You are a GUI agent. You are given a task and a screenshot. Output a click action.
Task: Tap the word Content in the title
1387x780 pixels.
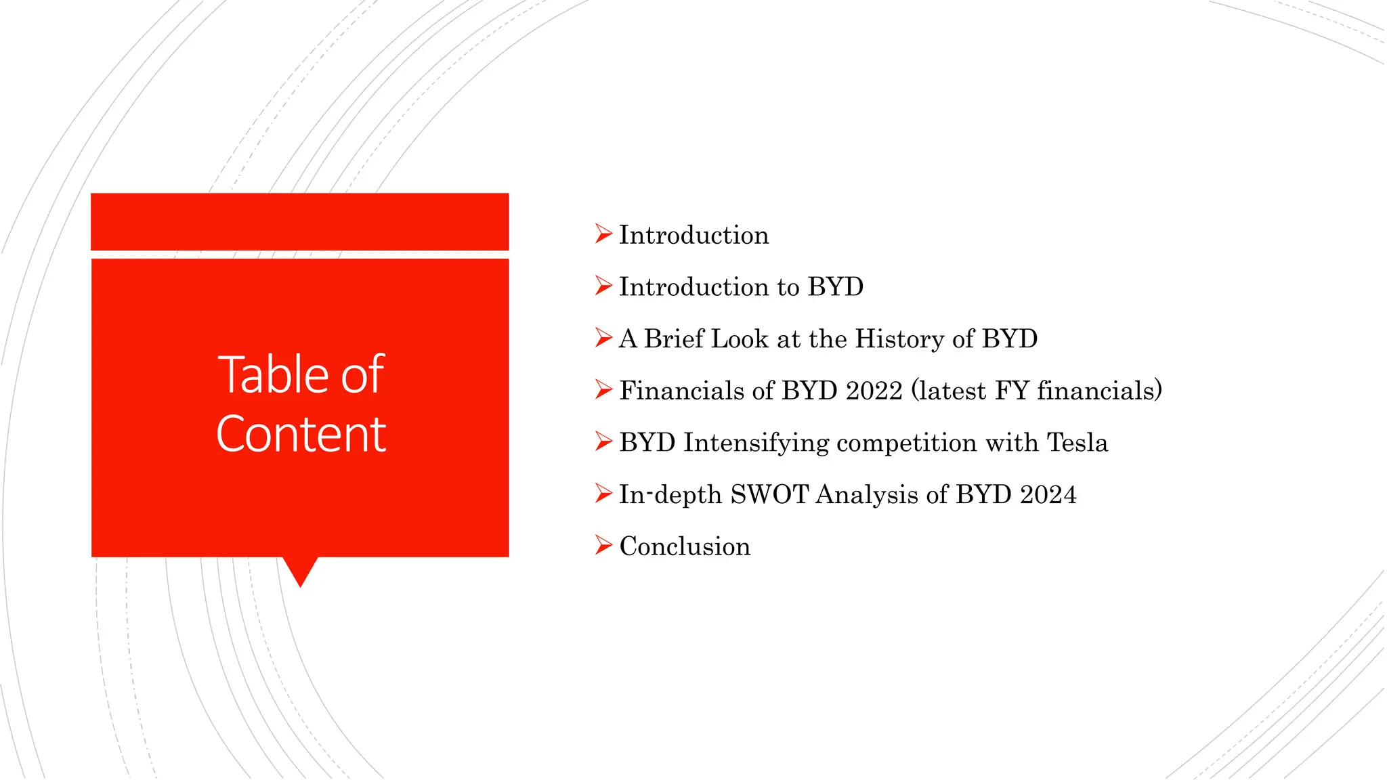(301, 434)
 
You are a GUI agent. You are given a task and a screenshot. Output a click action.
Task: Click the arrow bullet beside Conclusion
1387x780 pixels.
(603, 545)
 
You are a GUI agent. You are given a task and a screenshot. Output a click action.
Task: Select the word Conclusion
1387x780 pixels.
(685, 546)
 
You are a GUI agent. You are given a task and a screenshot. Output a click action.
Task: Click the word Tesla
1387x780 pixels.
(1077, 443)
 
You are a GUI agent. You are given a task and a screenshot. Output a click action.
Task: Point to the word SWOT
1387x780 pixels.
(769, 494)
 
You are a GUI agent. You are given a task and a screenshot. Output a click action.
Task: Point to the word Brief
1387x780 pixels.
(674, 339)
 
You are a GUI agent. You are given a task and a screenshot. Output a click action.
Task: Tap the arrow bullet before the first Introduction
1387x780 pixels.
(603, 234)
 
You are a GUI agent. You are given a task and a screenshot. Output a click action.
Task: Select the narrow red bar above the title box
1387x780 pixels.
(299, 221)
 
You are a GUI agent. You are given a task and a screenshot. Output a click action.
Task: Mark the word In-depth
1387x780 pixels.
(670, 494)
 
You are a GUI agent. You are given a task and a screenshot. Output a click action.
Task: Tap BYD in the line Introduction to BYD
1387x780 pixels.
(836, 287)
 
